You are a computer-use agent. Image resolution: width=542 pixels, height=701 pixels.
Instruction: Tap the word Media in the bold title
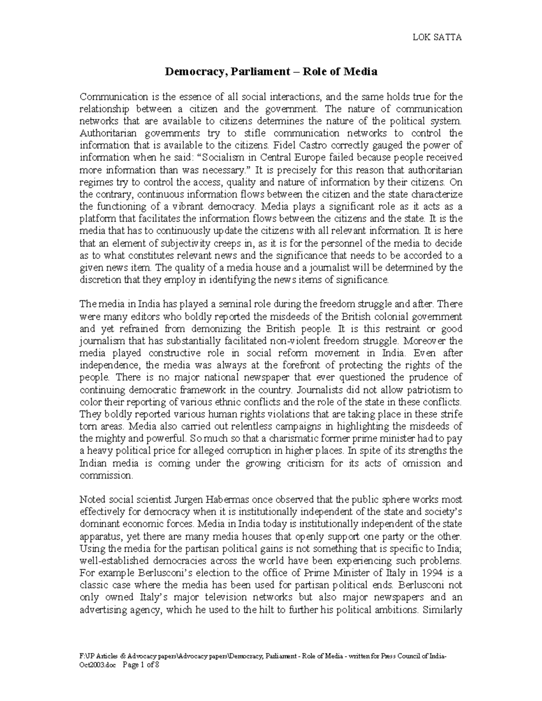point(361,71)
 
